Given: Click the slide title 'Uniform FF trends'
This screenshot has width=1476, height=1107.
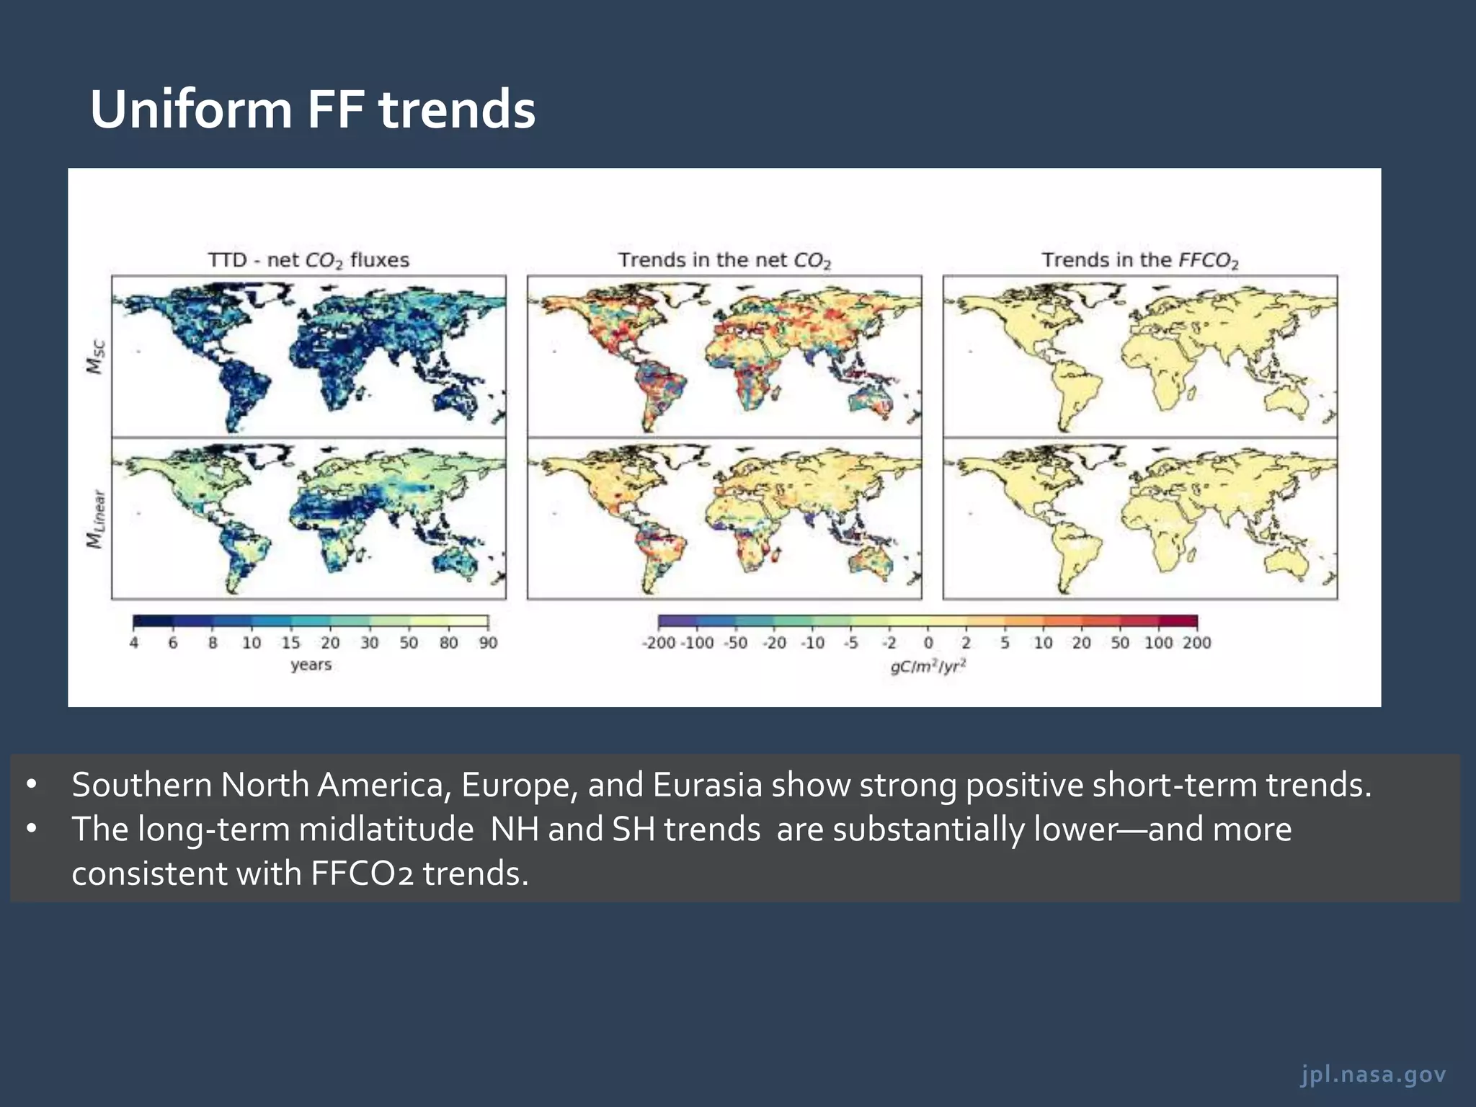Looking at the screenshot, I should pos(312,110).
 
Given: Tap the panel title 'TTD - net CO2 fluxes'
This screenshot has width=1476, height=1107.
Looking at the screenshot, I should pos(308,260).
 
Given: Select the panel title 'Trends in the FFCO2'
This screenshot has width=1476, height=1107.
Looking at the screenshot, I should pos(1139,260).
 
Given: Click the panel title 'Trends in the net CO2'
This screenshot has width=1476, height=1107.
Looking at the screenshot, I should pos(724,260).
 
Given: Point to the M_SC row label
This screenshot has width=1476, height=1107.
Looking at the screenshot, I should pos(96,357).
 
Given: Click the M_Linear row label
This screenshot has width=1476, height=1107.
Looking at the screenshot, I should pos(96,519).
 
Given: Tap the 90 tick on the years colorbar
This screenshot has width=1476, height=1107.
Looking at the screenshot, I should pos(488,643).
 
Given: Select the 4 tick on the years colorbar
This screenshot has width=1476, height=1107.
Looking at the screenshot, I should pos(134,643).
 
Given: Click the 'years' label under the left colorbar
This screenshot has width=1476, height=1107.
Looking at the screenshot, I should pos(311,664).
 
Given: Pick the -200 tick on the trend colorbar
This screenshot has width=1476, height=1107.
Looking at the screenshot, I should pos(659,643).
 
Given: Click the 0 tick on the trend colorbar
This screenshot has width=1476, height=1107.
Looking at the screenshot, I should pos(928,643).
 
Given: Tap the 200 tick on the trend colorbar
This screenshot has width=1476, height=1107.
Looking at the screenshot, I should pos(1196,643).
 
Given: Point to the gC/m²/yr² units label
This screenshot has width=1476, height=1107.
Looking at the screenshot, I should pos(928,667).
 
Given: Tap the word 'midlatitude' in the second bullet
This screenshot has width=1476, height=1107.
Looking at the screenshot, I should pos(386,830).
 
